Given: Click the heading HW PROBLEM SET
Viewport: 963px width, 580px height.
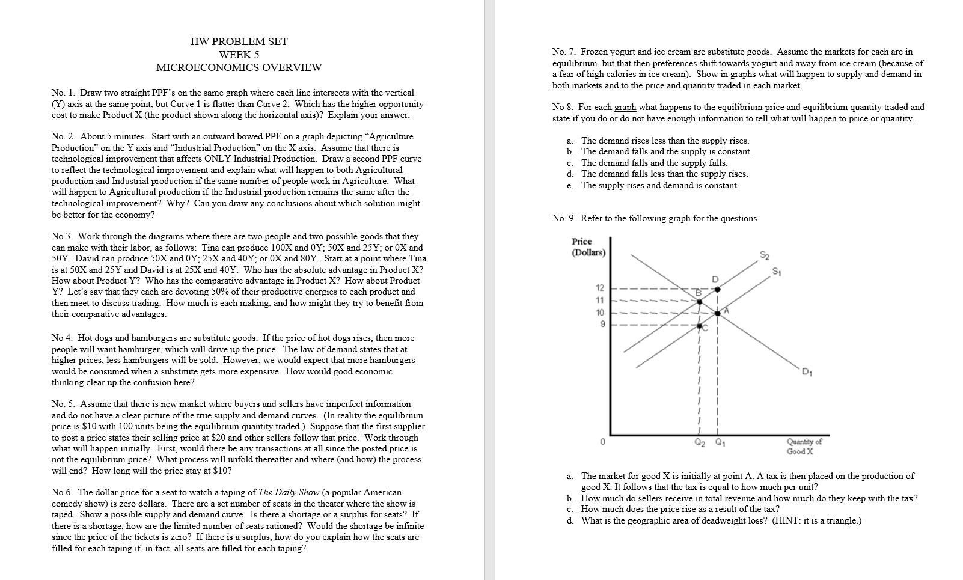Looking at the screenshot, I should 239,41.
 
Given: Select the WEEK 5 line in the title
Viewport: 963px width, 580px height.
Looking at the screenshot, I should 239,55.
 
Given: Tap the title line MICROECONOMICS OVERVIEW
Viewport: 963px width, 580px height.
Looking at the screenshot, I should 239,67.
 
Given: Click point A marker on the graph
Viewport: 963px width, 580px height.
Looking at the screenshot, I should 718,313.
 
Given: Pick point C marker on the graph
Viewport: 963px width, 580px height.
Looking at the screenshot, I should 699,326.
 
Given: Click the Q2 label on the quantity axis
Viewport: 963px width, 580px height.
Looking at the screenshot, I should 699,445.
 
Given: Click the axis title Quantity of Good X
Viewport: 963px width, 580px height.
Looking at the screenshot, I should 804,446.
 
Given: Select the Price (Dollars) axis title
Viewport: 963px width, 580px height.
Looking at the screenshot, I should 588,246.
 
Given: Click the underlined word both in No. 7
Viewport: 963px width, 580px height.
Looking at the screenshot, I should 560,85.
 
